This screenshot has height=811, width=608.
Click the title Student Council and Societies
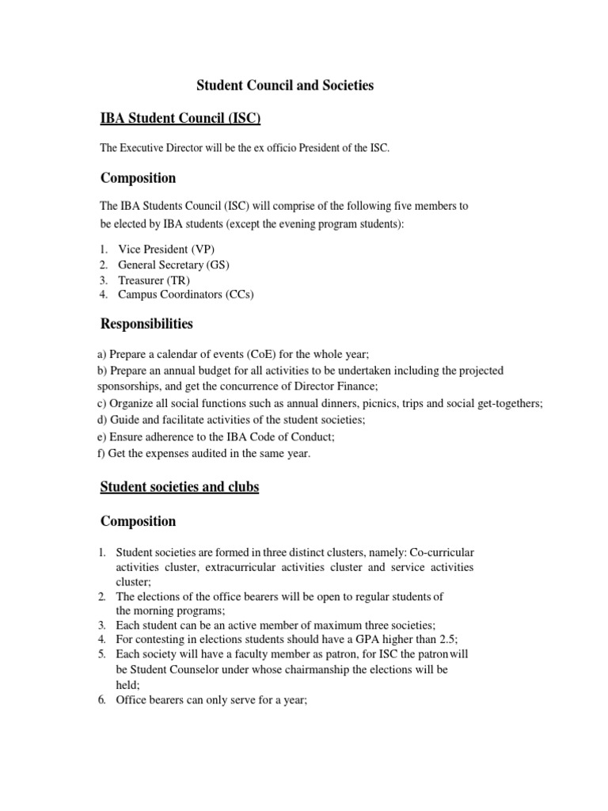[x=285, y=86]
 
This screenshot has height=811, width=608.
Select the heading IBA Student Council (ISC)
[x=180, y=119]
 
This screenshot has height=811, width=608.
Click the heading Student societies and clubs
[x=180, y=487]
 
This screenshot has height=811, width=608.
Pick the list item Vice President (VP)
[x=166, y=249]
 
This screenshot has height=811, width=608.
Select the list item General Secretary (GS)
[x=174, y=265]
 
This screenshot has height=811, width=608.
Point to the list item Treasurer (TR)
[x=154, y=280]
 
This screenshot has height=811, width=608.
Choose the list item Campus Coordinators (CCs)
[x=186, y=295]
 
